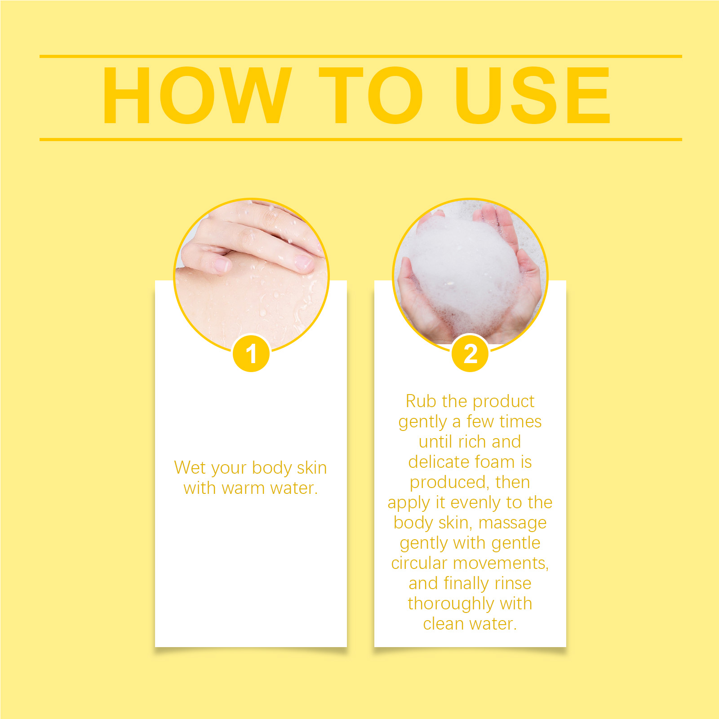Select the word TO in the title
[370, 95]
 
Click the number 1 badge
[251, 353]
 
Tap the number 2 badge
[470, 353]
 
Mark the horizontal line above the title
[361, 56]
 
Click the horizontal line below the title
[361, 139]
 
